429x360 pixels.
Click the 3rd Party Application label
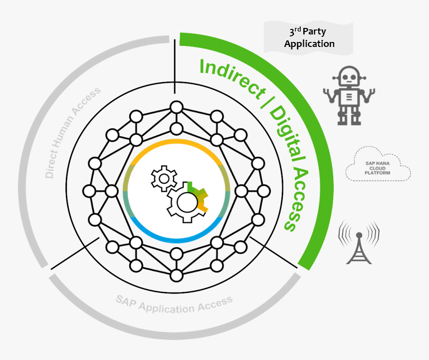[x=309, y=38]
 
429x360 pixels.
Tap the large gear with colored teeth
[x=187, y=201]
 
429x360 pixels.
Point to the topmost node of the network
[x=176, y=107]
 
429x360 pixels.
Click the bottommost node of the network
[x=176, y=275]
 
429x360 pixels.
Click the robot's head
[x=348, y=77]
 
